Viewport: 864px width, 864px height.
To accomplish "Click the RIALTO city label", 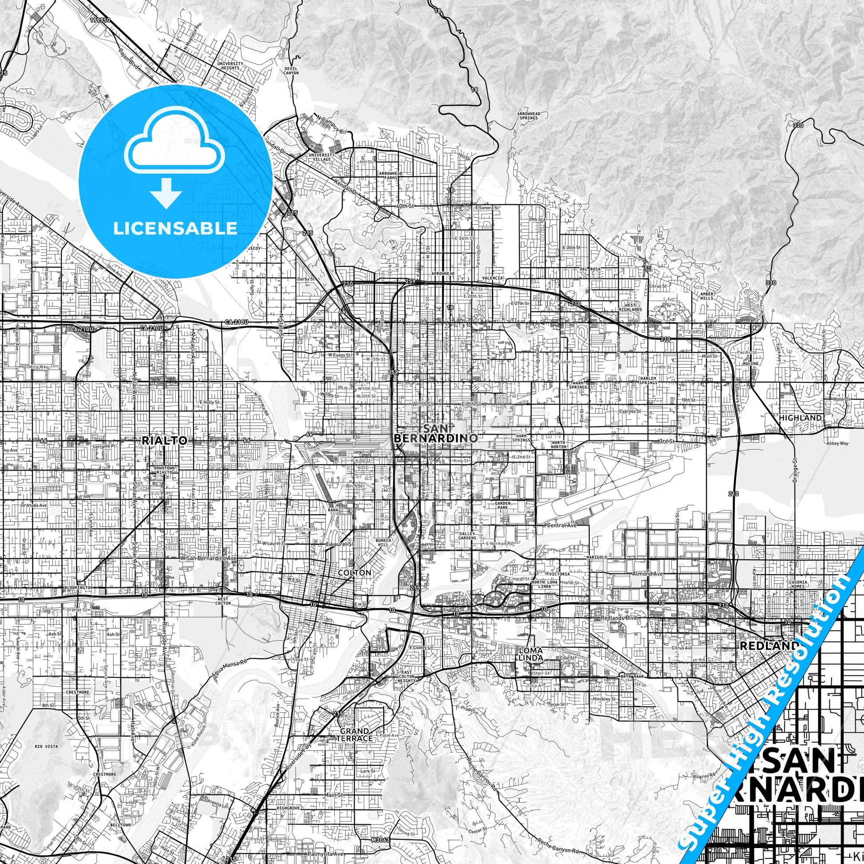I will pos(164,440).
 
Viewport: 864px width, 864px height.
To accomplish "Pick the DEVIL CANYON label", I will pos(291,70).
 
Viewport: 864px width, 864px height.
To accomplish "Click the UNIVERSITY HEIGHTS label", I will pos(230,66).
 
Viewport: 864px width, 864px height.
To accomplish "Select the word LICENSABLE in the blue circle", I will pos(175,229).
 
